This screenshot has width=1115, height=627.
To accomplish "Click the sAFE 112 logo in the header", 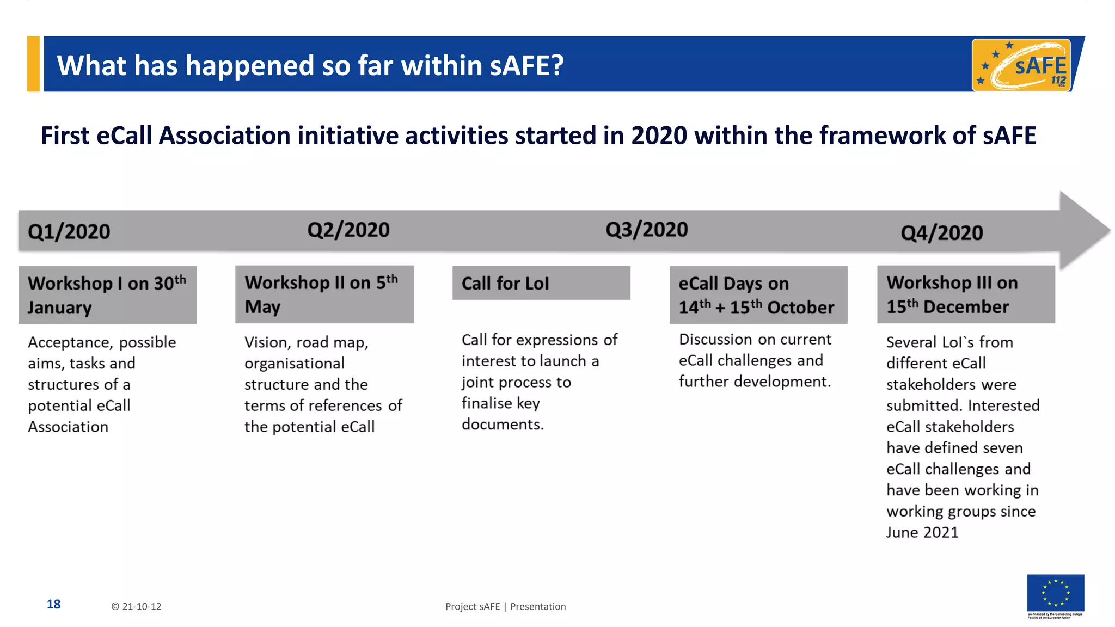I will coord(1021,65).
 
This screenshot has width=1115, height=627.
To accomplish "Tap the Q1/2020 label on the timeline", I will coord(69,232).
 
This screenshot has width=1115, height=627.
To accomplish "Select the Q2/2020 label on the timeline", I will coord(348,230).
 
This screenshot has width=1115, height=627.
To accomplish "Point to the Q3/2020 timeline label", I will coord(647,230).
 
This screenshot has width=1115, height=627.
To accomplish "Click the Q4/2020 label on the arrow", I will coord(942,233).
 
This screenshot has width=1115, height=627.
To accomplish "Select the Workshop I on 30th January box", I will coord(107,295).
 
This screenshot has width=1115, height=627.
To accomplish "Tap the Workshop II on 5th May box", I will coord(324,294).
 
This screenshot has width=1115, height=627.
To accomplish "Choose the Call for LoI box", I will coord(541,283).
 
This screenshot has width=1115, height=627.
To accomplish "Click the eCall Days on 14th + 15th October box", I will coord(758,295).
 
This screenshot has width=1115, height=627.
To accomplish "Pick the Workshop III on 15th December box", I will coord(966,294).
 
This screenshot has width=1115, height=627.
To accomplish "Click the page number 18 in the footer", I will coord(53,604).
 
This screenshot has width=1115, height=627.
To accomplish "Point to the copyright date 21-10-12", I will coord(137,606).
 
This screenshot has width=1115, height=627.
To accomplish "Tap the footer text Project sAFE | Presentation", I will coord(505,606).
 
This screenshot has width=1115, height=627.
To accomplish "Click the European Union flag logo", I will coord(1055,593).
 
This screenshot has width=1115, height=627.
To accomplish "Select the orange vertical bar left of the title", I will coord(34,64).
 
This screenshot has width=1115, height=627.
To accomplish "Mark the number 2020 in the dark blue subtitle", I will coord(659,136).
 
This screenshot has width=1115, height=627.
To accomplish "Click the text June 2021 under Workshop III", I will coord(922,532).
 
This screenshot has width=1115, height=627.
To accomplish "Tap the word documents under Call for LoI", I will coord(501,425).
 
